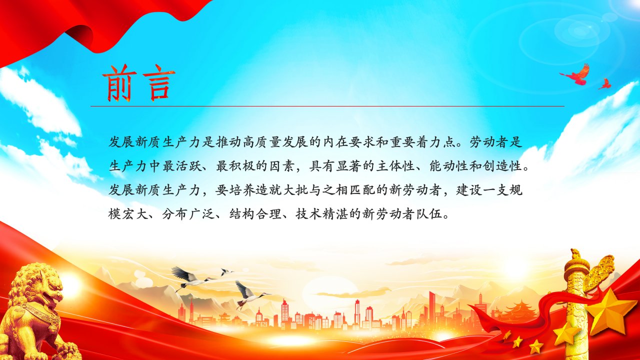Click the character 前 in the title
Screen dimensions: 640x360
pos(119,83)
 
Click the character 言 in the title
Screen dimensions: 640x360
pos(158,83)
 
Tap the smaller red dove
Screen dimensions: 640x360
pos(604,83)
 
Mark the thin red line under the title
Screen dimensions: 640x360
pos(327,106)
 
